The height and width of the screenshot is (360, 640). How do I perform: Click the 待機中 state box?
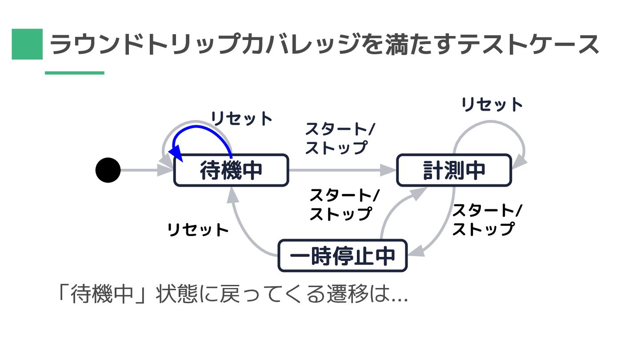coord(231,170)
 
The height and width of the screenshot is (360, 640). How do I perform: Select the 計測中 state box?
coord(454,170)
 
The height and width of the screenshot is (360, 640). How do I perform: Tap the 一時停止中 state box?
coord(342,256)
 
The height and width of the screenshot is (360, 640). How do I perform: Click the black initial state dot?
coord(108,170)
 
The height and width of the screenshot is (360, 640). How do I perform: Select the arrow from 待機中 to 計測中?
coord(342,170)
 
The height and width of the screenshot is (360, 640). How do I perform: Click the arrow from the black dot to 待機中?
coord(140,170)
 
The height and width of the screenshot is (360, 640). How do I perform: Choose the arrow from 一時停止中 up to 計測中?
coord(391,213)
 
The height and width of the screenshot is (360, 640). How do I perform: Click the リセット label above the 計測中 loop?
coord(492,105)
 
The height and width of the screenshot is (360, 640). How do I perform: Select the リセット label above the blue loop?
coord(241,119)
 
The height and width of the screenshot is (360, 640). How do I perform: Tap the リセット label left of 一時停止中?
coord(198,230)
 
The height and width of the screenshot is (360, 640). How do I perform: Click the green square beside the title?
coord(27,44)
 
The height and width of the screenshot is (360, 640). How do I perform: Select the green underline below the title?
coord(75,73)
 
